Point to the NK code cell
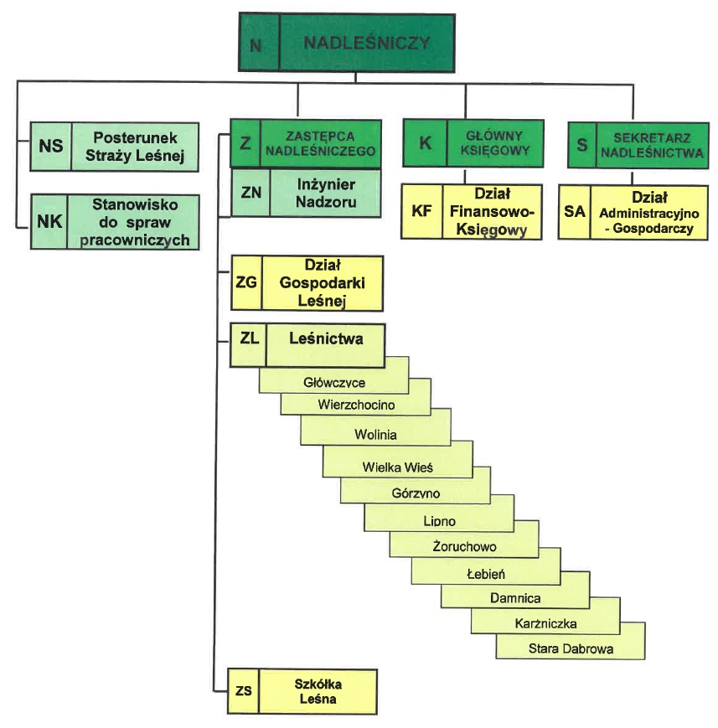click(x=50, y=222)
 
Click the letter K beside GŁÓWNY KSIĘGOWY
click(x=425, y=143)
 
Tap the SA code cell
click(x=574, y=212)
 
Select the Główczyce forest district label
click(x=333, y=382)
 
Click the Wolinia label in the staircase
click(x=375, y=435)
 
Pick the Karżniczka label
click(x=546, y=623)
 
